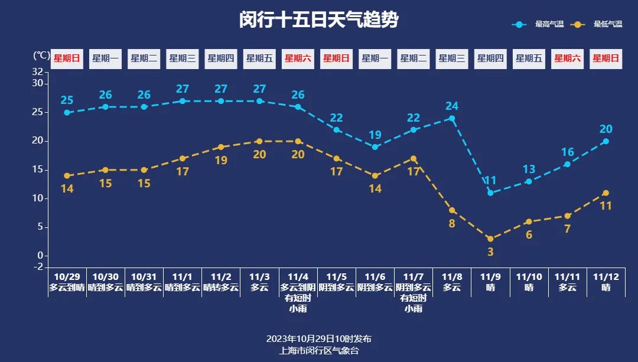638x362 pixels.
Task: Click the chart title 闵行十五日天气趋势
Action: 318,20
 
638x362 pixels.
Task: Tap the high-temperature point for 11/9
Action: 490,193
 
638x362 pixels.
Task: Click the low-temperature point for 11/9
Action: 490,239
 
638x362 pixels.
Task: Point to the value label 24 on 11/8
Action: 452,106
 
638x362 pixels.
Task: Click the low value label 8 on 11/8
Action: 452,223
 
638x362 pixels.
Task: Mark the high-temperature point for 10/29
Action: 67,112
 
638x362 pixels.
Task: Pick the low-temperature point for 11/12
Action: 606,193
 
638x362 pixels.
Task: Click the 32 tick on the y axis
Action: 37,72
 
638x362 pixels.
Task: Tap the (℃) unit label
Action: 41,56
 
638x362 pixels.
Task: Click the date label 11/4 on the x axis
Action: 298,277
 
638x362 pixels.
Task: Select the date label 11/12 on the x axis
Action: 606,277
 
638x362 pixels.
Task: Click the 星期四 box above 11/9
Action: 490,58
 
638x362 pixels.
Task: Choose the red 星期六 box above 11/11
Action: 567,58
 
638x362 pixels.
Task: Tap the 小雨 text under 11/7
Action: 414,309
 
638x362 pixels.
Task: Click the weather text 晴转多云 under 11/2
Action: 221,288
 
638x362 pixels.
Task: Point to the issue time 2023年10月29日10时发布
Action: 318,339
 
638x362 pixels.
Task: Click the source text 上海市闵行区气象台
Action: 318,350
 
